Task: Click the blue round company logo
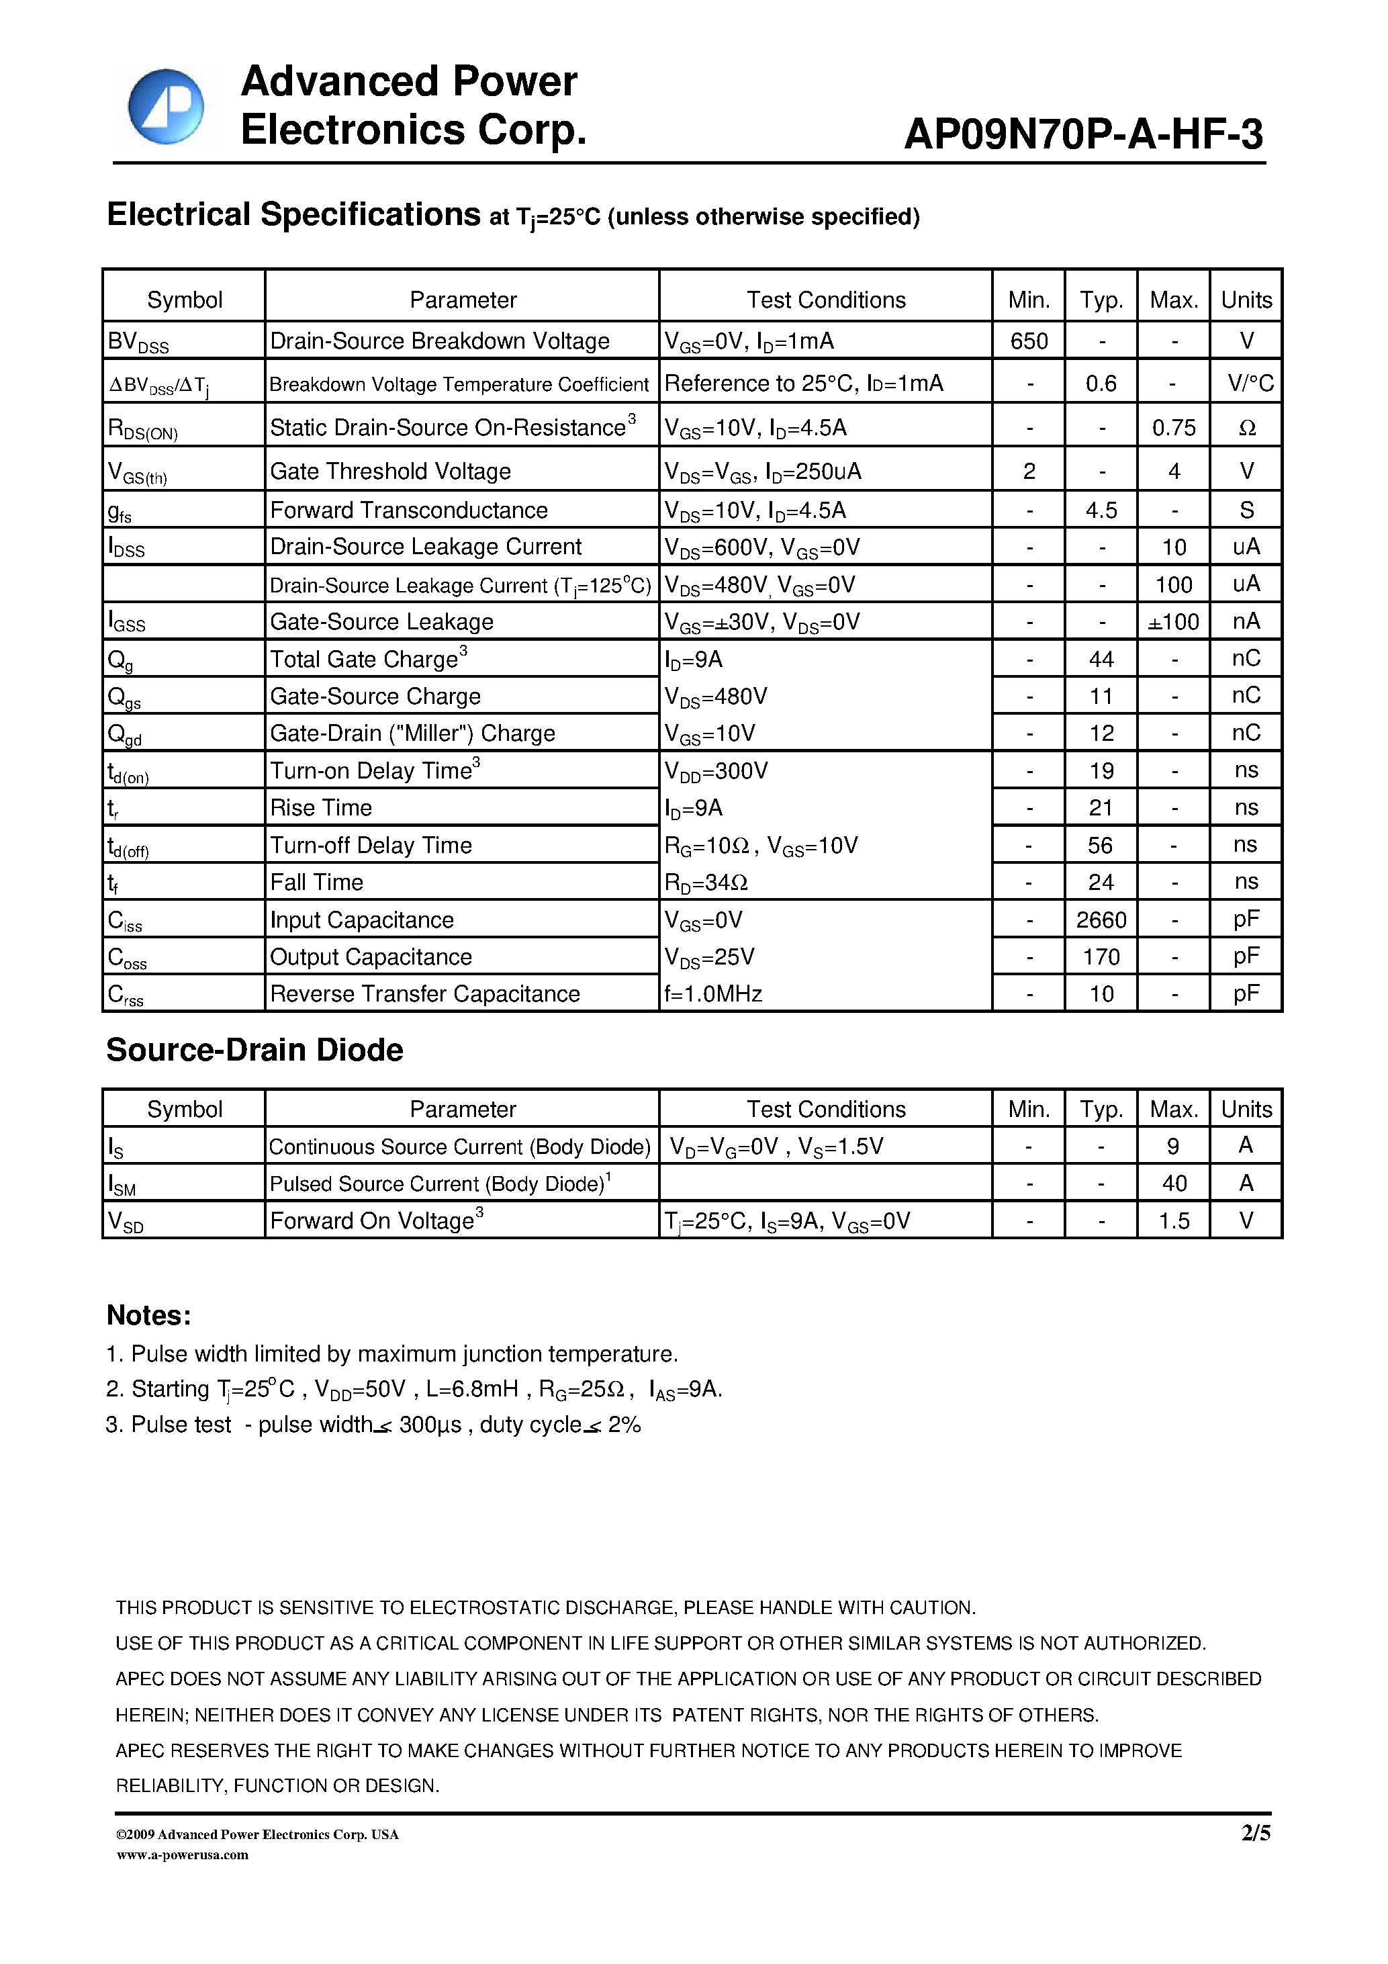point(166,107)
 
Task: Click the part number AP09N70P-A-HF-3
point(1082,134)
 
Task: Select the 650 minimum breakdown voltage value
point(1028,341)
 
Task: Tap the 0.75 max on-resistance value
point(1173,428)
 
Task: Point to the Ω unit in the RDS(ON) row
point(1247,428)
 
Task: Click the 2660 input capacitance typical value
point(1101,920)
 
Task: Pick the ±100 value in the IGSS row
point(1173,622)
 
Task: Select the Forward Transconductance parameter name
point(409,510)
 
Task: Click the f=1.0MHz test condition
point(713,994)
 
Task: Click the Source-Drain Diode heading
point(254,1050)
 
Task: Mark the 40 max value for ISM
point(1173,1183)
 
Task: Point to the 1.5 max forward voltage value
point(1173,1220)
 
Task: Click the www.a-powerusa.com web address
point(182,1855)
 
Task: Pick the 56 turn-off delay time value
point(1100,845)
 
